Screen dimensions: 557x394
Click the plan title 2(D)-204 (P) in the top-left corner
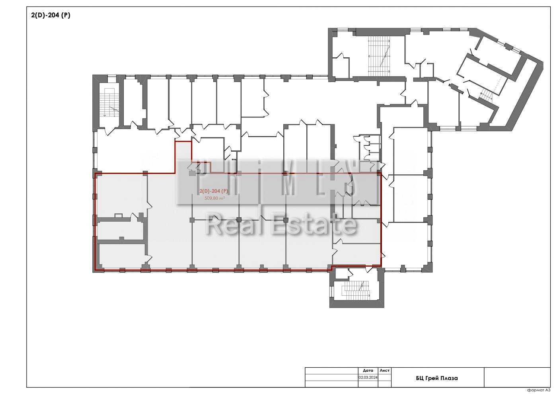[51, 15]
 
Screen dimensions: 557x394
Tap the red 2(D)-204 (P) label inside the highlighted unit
[214, 191]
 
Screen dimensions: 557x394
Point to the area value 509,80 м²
[214, 198]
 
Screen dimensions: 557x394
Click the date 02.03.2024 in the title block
[368, 377]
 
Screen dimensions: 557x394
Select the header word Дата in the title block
[368, 371]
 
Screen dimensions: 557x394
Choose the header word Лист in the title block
[384, 371]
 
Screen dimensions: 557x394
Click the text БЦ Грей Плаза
[437, 378]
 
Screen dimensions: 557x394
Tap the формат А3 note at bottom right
[538, 390]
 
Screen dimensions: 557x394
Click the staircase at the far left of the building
[109, 102]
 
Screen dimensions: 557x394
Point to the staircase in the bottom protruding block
[356, 290]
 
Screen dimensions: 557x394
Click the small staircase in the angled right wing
[486, 95]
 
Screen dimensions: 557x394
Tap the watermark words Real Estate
[281, 224]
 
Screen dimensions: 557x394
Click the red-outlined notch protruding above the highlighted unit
[183, 157]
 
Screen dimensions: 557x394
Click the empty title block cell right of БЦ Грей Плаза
[517, 377]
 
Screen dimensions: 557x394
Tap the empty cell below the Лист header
[384, 380]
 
